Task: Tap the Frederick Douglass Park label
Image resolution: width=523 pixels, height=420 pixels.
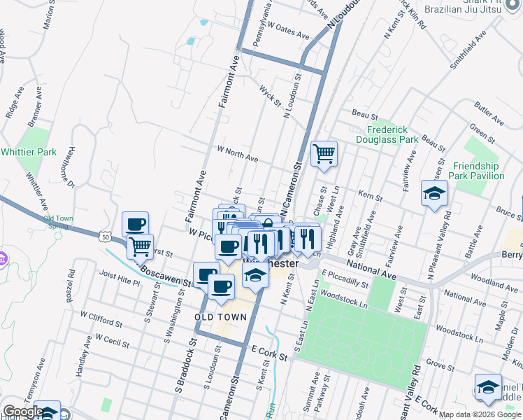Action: pyautogui.click(x=394, y=134)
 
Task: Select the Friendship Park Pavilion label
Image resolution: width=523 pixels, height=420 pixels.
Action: pyautogui.click(x=478, y=171)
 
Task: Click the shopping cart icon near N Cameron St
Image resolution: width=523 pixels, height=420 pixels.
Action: pyautogui.click(x=324, y=153)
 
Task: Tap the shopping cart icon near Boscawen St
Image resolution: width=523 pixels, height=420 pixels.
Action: pyautogui.click(x=141, y=246)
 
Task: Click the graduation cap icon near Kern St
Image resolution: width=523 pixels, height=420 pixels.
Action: pyautogui.click(x=434, y=193)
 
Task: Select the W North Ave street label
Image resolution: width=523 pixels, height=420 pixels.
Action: pyautogui.click(x=237, y=154)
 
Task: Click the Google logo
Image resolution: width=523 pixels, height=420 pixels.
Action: pyautogui.click(x=23, y=412)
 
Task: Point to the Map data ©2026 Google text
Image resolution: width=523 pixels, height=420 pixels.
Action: pyautogui.click(x=478, y=414)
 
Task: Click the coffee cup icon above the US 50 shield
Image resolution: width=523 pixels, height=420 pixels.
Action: pyautogui.click(x=135, y=224)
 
